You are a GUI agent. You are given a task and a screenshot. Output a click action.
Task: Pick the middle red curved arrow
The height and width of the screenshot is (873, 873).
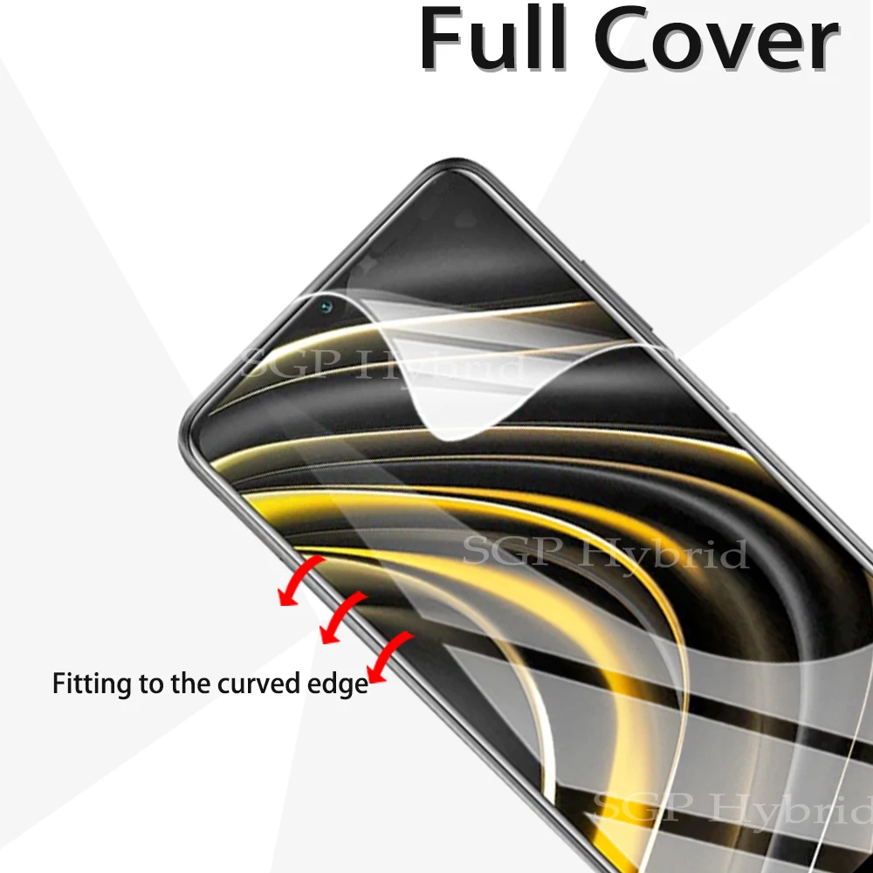click(341, 618)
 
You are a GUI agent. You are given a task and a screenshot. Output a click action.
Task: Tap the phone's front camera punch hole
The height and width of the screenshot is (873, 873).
click(326, 306)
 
